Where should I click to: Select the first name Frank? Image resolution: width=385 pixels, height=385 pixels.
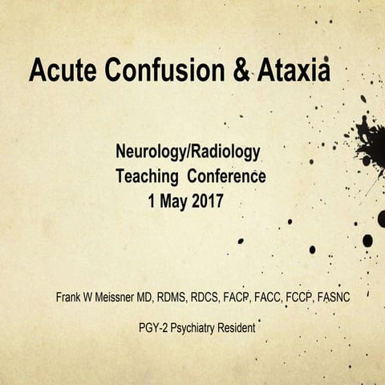69,298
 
